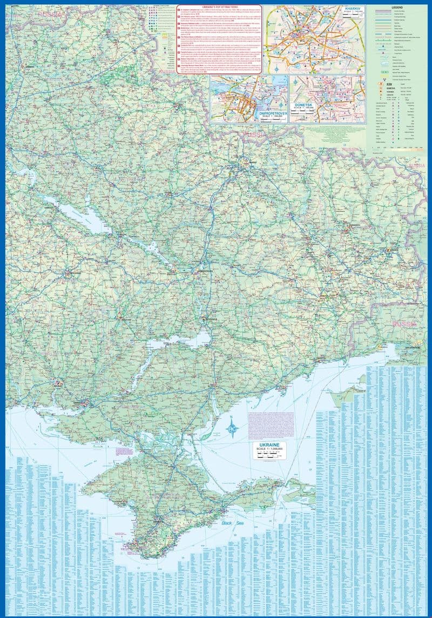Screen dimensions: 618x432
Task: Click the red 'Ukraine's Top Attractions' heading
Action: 220,8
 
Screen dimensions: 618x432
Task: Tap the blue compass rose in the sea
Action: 233,429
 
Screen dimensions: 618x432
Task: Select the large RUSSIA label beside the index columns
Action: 404,323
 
